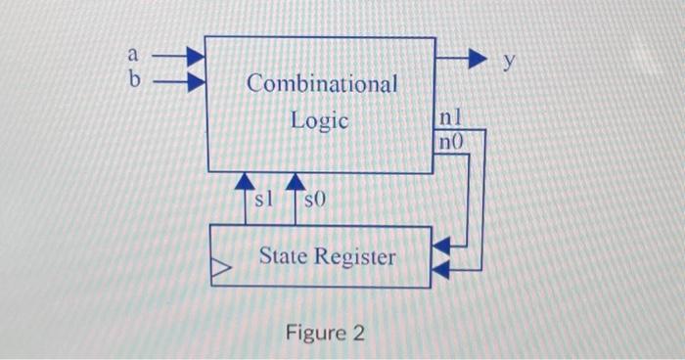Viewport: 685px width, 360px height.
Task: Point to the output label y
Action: click(509, 62)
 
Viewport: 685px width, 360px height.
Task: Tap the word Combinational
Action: click(322, 84)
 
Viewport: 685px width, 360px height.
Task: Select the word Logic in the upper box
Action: click(319, 121)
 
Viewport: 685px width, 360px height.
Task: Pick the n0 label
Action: click(450, 142)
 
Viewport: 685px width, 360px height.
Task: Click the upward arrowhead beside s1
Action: click(244, 182)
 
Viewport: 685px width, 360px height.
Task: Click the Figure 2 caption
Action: click(325, 334)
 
